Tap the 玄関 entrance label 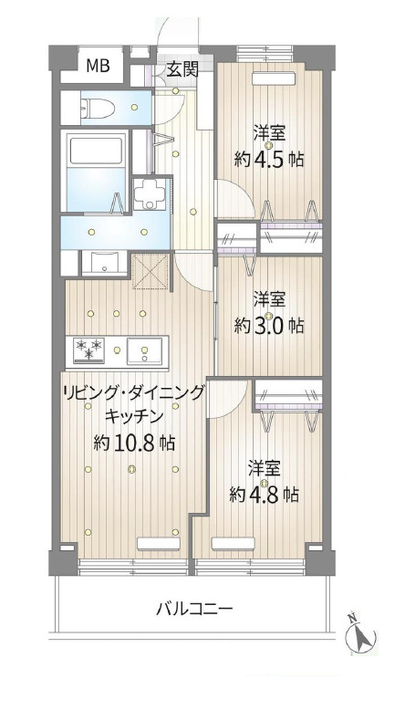coord(180,68)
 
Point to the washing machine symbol coord(149,192)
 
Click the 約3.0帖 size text coord(268,324)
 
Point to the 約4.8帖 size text coord(264,495)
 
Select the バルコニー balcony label coord(194,608)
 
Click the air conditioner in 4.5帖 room coord(273,79)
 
